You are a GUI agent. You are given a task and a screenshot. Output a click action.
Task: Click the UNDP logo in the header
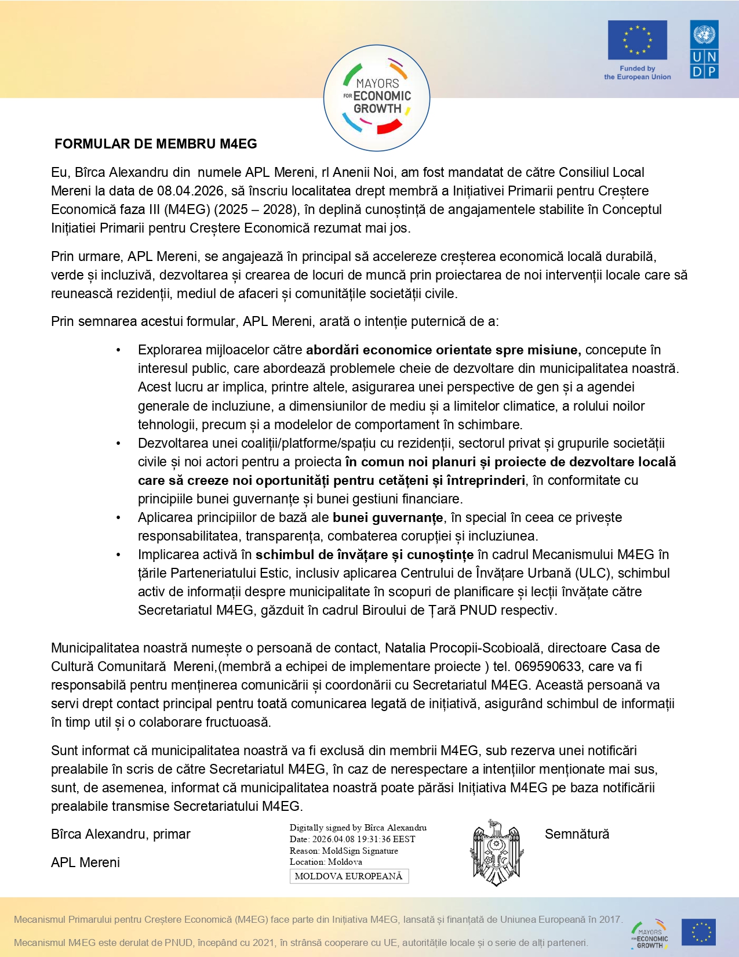704,49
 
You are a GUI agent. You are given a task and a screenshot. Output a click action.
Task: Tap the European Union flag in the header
637,40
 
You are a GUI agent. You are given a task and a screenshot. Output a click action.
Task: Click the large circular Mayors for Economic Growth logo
377,97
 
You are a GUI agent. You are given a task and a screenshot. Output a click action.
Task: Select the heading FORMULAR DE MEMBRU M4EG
155,144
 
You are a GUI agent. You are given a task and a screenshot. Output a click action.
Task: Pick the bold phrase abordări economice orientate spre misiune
443,350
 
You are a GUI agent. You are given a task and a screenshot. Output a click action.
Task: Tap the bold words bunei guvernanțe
388,517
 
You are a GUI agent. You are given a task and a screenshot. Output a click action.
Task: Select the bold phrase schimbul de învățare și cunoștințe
365,554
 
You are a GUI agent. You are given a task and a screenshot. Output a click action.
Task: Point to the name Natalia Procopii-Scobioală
463,648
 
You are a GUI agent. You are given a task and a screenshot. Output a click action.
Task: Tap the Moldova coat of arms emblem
496,853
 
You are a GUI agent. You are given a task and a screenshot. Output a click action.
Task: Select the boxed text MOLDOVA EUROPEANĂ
349,876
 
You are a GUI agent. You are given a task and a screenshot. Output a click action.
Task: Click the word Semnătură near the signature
577,834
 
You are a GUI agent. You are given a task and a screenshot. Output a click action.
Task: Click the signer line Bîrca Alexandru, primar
121,834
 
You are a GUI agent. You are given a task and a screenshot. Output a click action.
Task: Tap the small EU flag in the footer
698,932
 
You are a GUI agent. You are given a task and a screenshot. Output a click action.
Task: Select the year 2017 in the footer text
610,919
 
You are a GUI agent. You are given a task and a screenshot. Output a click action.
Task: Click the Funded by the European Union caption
637,72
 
